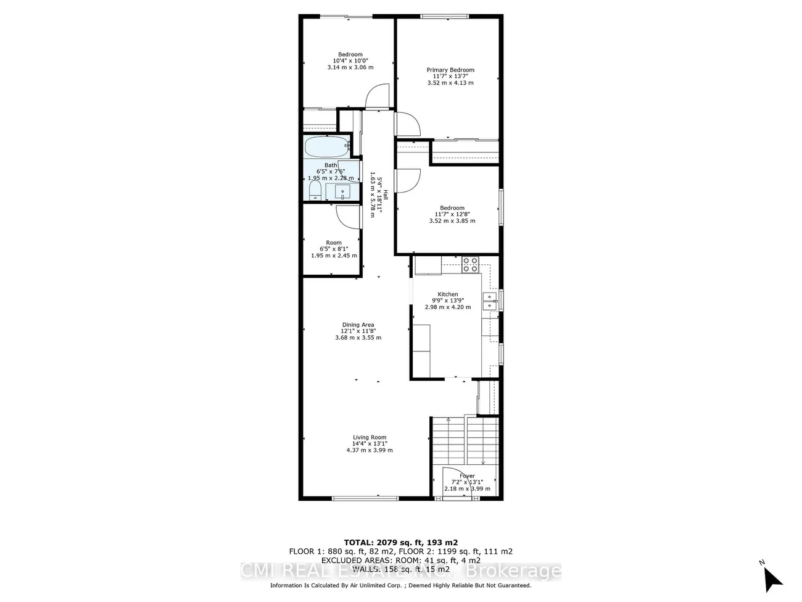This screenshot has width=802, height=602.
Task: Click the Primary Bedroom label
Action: [450, 70]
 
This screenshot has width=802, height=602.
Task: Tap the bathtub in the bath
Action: [327, 148]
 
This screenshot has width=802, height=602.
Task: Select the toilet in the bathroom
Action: [314, 190]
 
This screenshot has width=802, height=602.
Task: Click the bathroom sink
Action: [342, 191]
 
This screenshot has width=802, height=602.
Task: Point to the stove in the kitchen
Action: [470, 265]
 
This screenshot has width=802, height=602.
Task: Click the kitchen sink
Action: [491, 301]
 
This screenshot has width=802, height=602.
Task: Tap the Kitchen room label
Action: [448, 295]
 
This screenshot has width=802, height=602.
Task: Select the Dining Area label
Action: [358, 325]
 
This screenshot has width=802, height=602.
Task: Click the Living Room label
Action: [370, 438]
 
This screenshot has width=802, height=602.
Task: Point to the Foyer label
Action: [467, 476]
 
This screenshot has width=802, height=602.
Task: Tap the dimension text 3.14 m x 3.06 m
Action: [350, 67]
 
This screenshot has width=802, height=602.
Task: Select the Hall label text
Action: [386, 195]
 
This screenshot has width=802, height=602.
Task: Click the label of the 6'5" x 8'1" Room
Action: [334, 243]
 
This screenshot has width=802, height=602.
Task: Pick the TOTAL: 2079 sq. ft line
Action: [400, 541]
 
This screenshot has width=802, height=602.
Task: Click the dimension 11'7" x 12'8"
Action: [452, 214]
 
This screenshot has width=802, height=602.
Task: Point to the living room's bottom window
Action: [365, 498]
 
